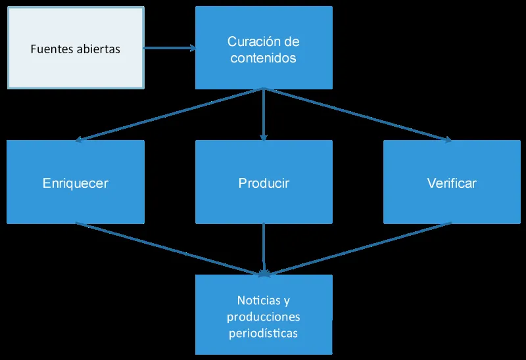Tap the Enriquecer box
76,182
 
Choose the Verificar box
452,182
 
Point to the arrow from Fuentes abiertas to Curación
170,48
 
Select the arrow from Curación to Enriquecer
171,114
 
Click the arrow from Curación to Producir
264,115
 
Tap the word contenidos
264,58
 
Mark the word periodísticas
264,333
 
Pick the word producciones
264,317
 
